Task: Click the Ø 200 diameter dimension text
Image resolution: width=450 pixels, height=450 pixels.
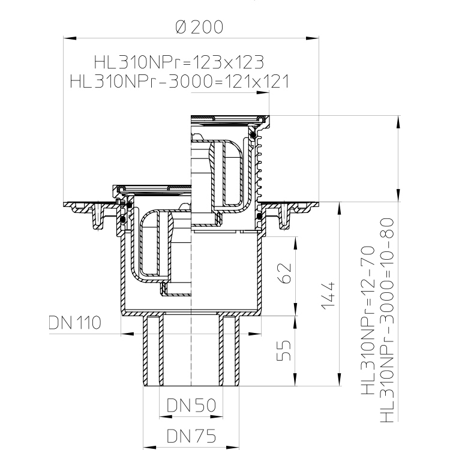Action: click(199, 27)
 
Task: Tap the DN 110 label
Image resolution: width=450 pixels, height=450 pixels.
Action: click(75, 322)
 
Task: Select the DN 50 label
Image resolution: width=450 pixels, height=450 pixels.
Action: click(191, 405)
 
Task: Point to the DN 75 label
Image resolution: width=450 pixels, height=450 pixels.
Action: click(191, 436)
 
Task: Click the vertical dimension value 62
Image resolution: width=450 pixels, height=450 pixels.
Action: click(284, 273)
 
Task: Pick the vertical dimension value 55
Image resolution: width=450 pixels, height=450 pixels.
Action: click(284, 350)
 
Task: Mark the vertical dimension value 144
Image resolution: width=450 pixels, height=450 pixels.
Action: click(328, 296)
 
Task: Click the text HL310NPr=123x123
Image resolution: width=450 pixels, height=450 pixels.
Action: click(179, 62)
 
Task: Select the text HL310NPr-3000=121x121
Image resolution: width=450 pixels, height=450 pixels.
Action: click(179, 81)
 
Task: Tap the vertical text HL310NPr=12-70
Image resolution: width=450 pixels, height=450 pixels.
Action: click(368, 320)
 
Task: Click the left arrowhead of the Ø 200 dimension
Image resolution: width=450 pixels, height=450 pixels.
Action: click(70, 38)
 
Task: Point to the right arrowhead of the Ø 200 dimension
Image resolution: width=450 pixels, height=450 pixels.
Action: click(312, 38)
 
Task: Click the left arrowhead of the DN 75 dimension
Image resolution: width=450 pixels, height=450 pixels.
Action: click(150, 448)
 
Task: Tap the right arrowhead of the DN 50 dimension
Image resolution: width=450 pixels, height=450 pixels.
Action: click(217, 417)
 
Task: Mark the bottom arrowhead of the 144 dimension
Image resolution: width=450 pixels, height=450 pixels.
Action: click(340, 380)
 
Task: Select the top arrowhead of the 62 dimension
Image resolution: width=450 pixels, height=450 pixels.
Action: click(295, 244)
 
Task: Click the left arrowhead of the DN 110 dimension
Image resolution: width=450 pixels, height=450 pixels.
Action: click(127, 334)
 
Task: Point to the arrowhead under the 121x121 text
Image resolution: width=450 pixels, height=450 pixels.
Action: click(263, 92)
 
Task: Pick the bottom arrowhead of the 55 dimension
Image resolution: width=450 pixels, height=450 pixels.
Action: click(295, 380)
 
